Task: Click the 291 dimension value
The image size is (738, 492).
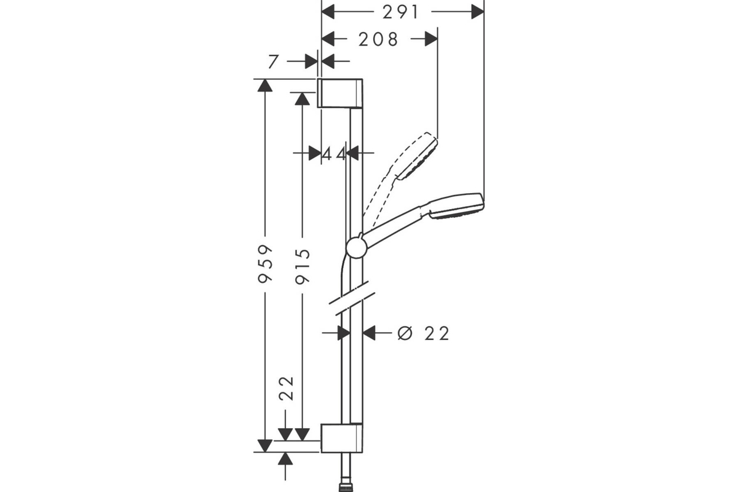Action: pos(400,12)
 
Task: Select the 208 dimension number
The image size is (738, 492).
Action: pos(378,39)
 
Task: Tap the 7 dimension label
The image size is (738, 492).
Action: pos(273,61)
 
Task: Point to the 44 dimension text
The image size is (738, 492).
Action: pos(333,154)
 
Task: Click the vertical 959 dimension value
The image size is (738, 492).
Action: pos(265,263)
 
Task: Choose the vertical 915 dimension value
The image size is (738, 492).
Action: pos(303,266)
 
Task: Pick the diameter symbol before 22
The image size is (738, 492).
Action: pos(405,333)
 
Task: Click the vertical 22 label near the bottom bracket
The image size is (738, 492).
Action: pos(286,388)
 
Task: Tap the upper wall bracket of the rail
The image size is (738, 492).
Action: pos(340,93)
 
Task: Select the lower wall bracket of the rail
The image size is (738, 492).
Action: pos(342,438)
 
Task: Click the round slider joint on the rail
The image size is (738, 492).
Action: pos(357,247)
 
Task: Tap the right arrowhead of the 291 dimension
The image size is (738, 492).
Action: pos(478,12)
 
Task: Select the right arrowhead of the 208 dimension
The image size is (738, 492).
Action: pos(431,39)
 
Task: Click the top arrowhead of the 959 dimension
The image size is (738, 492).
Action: pos(265,85)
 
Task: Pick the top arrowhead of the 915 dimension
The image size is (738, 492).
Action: pos(303,99)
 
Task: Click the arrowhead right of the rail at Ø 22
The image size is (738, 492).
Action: pos(369,333)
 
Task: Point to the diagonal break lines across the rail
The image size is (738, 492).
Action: pos(352,298)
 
